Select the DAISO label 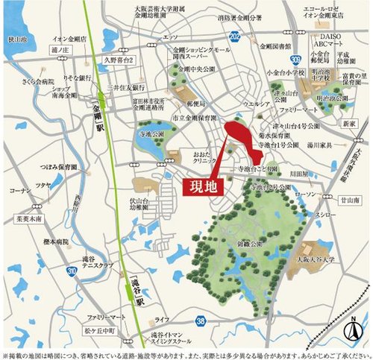(327, 34)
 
